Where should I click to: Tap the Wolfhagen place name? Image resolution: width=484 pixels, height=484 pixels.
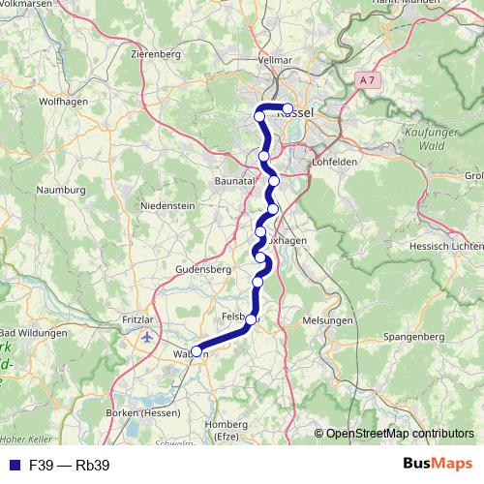pyautogui.click(x=65, y=100)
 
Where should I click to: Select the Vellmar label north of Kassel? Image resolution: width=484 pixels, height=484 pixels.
pyautogui.click(x=275, y=60)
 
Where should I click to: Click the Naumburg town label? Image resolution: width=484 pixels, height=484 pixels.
pyautogui.click(x=61, y=191)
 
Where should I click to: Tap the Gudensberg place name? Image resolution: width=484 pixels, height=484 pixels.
pyautogui.click(x=201, y=268)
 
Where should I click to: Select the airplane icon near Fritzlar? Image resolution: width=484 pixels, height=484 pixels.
pyautogui.click(x=146, y=338)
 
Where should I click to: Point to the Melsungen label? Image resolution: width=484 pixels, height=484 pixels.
pyautogui.click(x=327, y=320)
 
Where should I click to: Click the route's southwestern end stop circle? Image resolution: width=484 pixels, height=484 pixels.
pyautogui.click(x=197, y=352)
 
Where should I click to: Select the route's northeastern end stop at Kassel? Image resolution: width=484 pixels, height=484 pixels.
pyautogui.click(x=287, y=108)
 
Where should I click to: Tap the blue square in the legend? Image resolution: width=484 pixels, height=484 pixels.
pyautogui.click(x=14, y=466)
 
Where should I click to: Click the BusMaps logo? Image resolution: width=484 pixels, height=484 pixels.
pyautogui.click(x=438, y=465)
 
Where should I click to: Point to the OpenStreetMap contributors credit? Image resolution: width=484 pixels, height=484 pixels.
pyautogui.click(x=399, y=434)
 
